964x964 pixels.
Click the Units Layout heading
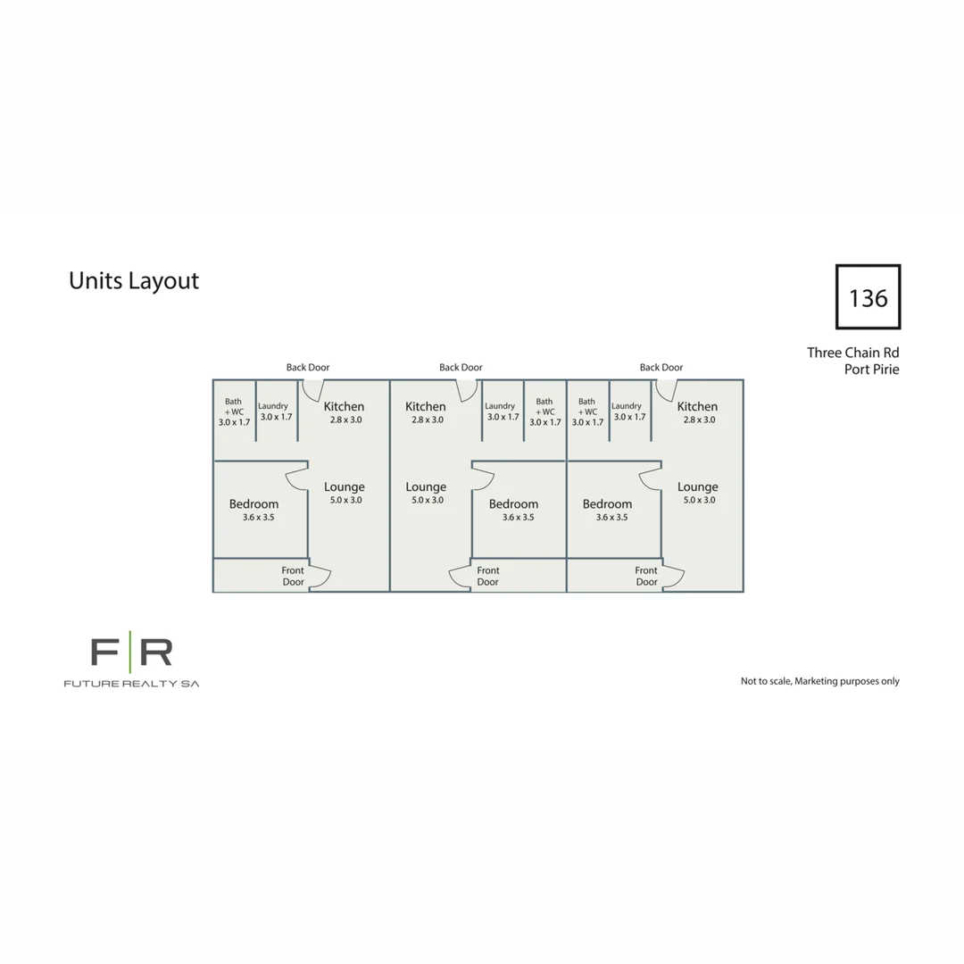(x=133, y=281)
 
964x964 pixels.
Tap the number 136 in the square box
(x=868, y=298)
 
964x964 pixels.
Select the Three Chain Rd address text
(x=852, y=353)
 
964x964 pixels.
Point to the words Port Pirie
(x=871, y=370)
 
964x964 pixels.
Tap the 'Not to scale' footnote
(x=819, y=681)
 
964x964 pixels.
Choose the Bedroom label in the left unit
(x=253, y=504)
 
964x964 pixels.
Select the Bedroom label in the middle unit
(x=513, y=504)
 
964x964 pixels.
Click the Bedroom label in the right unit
(x=607, y=504)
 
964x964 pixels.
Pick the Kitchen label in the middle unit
(x=426, y=406)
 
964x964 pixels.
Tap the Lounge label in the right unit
(x=698, y=487)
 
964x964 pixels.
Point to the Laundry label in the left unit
(x=273, y=406)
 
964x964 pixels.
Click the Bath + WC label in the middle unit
(x=544, y=406)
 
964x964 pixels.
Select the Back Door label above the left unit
(x=307, y=367)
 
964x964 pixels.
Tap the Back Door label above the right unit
(x=661, y=367)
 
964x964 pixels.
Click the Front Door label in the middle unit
(x=488, y=576)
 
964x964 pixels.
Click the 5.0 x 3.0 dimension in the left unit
(x=345, y=500)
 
